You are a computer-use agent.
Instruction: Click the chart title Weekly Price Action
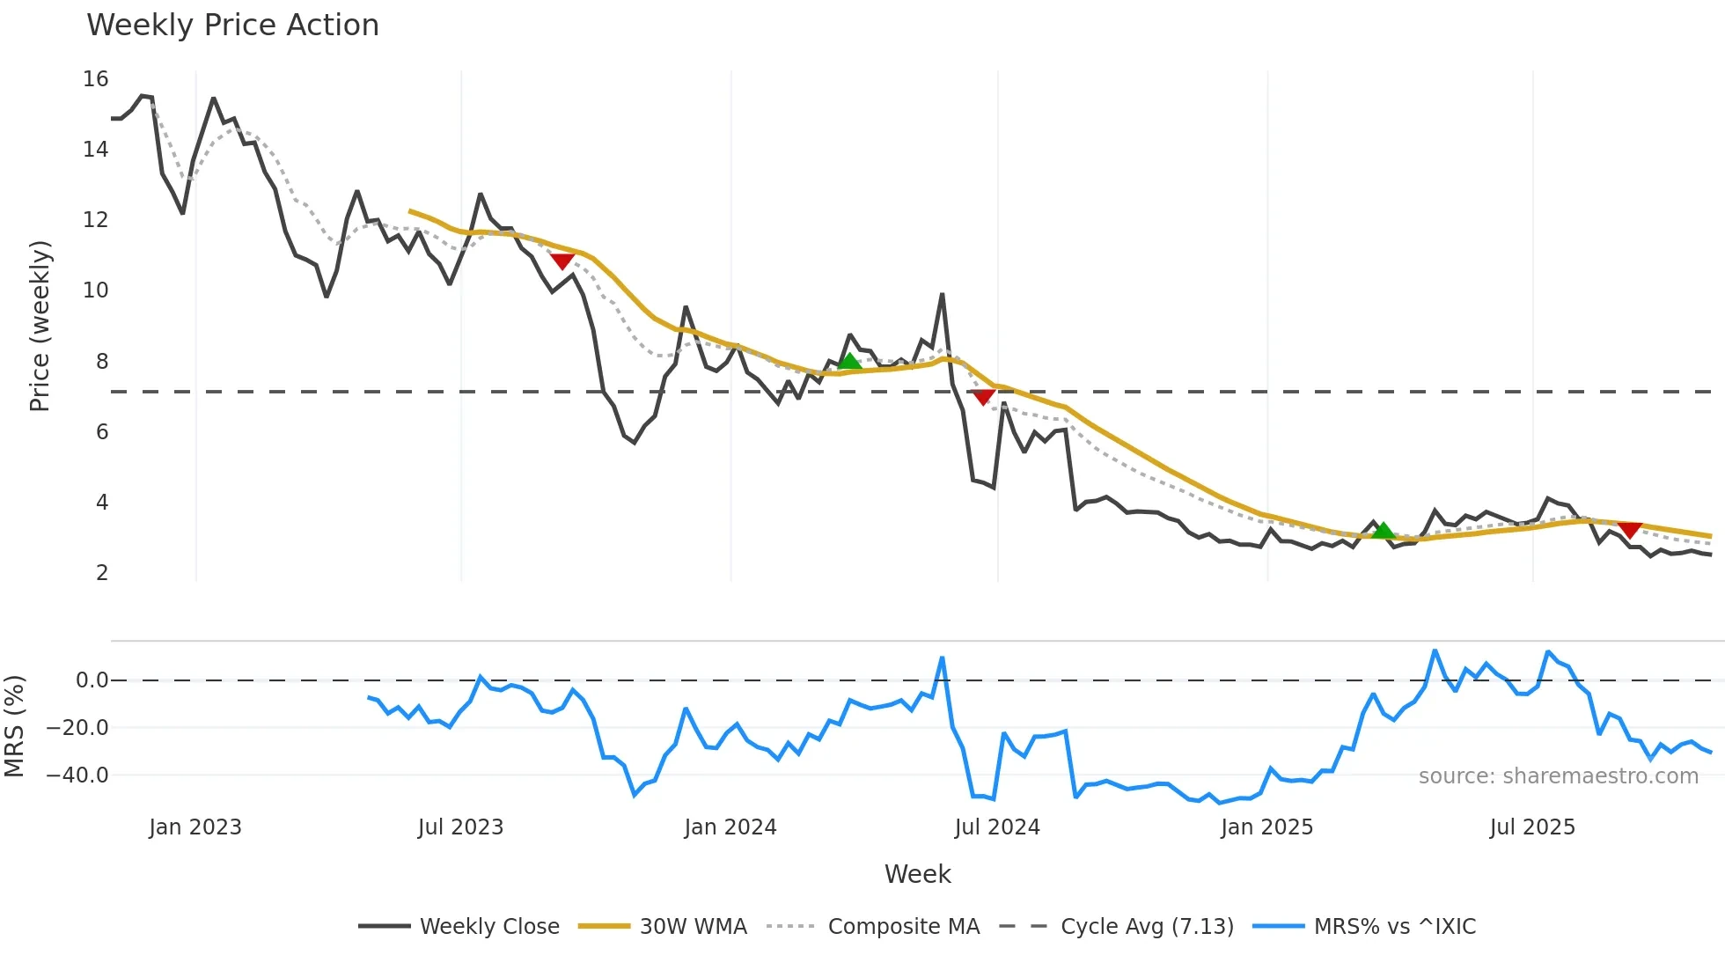(x=232, y=26)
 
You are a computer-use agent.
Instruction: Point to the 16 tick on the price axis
(x=96, y=79)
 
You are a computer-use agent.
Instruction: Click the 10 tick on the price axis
(x=96, y=290)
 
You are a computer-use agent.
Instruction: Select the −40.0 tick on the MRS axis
(x=77, y=775)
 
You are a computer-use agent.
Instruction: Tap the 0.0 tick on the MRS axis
(x=92, y=680)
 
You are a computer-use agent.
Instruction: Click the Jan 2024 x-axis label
(x=730, y=827)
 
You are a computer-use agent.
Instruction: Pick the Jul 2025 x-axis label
(x=1532, y=827)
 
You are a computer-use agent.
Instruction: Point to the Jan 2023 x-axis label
(x=195, y=827)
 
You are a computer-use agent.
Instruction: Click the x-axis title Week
(x=917, y=874)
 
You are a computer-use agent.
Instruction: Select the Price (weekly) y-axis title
(x=40, y=326)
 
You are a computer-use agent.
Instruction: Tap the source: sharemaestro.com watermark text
(x=1558, y=776)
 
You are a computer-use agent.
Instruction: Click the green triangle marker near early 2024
(x=849, y=361)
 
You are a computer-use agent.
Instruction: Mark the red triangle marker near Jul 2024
(x=984, y=398)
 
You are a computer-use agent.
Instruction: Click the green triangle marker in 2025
(x=1384, y=530)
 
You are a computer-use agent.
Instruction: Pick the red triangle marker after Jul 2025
(x=1630, y=531)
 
